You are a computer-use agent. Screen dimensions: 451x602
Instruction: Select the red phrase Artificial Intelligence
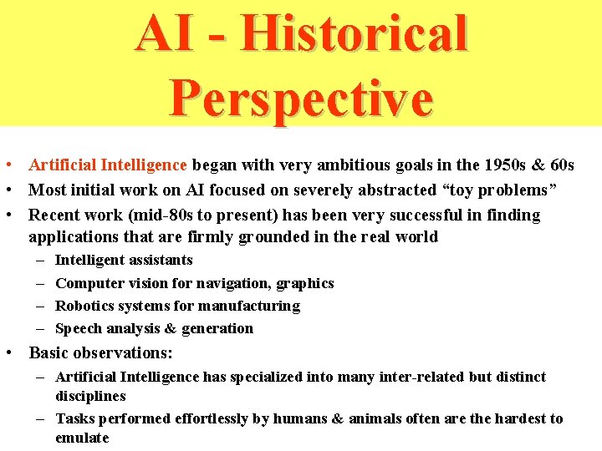pos(110,165)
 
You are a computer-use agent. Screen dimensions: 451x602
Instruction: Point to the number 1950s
pos(497,165)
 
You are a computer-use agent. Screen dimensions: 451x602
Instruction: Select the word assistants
pos(160,261)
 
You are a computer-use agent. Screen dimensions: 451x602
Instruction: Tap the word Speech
pos(78,328)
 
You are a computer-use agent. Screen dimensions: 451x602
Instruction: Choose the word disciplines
pos(90,396)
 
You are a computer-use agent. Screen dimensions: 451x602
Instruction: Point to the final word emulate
pos(82,438)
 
